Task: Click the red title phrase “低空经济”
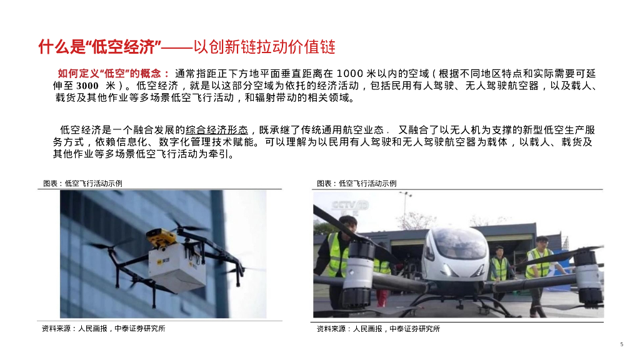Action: [x=123, y=47]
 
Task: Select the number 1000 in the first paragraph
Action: [x=350, y=74]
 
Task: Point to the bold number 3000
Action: [x=87, y=86]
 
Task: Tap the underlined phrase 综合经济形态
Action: [x=217, y=130]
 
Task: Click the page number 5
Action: [x=622, y=344]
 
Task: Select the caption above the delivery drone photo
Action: [x=82, y=183]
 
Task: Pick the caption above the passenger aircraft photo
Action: [x=356, y=183]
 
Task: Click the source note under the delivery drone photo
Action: [x=103, y=329]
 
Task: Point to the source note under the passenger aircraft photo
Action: [x=378, y=329]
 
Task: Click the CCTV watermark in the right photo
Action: [x=350, y=206]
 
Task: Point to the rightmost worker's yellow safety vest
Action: [x=539, y=264]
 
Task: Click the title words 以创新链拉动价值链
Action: [x=264, y=47]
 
